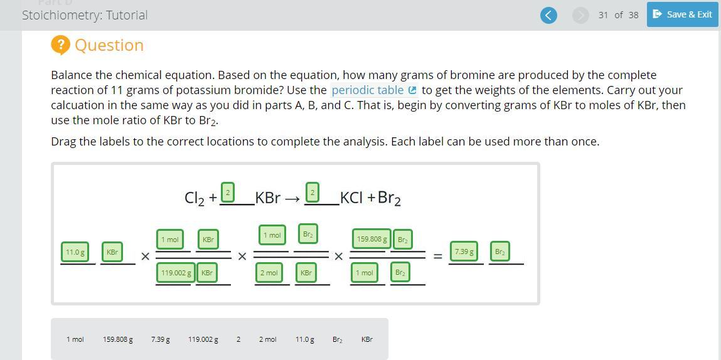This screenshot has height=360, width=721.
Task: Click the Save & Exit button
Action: (682, 14)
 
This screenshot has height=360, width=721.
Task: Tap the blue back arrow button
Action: (548, 15)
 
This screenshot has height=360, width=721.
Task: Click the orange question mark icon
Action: (60, 45)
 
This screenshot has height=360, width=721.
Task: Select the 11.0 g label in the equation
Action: (75, 252)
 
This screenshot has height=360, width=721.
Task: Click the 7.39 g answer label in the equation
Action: (464, 251)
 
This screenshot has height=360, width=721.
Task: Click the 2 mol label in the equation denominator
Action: (269, 273)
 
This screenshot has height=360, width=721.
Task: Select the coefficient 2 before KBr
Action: (228, 192)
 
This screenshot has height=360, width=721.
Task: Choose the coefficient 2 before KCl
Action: (312, 192)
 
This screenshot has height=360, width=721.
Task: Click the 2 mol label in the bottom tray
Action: (267, 340)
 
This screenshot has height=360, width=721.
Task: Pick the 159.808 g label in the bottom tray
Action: (118, 340)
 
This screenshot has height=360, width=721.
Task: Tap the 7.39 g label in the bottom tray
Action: (161, 340)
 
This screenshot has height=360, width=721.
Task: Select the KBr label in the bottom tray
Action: (367, 340)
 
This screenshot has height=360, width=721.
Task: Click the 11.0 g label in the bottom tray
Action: (305, 340)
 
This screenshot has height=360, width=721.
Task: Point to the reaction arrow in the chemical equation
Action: (292, 199)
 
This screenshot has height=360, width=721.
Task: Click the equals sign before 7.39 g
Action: (438, 257)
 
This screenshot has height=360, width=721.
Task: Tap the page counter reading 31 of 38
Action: (619, 15)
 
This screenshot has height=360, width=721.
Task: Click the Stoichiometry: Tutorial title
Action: (85, 15)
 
